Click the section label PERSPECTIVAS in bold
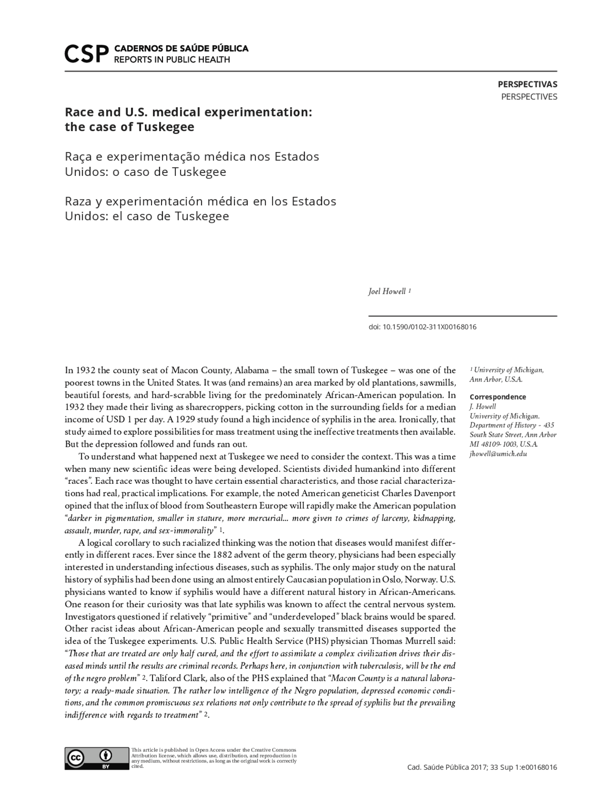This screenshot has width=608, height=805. tap(527, 85)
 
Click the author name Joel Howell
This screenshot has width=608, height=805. tap(387, 291)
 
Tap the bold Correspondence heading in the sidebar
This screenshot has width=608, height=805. tap(497, 397)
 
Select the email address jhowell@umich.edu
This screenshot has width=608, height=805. tap(498, 454)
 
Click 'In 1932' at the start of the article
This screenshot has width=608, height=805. tap(76, 370)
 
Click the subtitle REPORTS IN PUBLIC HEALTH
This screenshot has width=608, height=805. tap(171, 60)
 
